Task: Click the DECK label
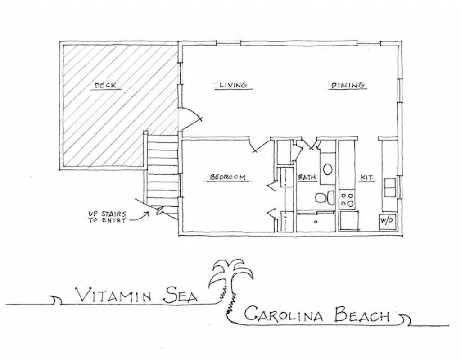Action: (105, 86)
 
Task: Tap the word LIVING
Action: (233, 85)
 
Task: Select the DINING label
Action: (348, 85)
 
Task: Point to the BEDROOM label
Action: (227, 177)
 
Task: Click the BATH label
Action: (307, 177)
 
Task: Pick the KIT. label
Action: (367, 178)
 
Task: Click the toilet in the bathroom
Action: (325, 198)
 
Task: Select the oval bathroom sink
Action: (328, 169)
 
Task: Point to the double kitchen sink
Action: (389, 187)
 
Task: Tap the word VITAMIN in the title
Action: (113, 295)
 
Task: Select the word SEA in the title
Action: (180, 295)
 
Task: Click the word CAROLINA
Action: (284, 314)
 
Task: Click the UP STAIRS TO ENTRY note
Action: (107, 217)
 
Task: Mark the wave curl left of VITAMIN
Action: (56, 300)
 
